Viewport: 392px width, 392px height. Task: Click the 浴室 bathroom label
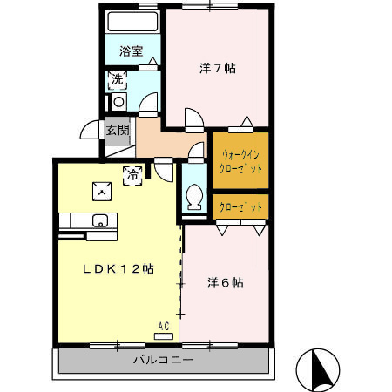point(132,51)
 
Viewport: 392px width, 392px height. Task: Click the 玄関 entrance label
point(118,130)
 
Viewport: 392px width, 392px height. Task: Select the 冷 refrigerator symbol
point(133,174)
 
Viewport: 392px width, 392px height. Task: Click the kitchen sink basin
point(98,220)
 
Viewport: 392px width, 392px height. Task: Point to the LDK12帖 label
point(118,269)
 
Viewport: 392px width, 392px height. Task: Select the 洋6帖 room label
point(225,283)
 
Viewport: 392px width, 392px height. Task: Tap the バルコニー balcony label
point(163,360)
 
